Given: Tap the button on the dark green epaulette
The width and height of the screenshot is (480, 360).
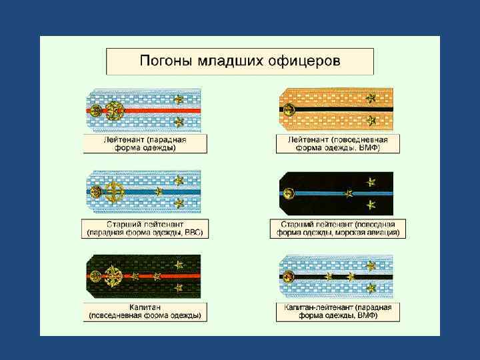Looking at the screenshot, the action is [96, 275].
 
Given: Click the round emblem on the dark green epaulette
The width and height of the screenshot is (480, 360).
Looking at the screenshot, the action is [115, 275].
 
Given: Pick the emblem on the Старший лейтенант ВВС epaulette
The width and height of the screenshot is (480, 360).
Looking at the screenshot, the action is [115, 192].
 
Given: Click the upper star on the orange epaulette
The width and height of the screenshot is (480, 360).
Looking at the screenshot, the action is [371, 99].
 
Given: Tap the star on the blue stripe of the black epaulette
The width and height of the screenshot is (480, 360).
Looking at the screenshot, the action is [347, 193].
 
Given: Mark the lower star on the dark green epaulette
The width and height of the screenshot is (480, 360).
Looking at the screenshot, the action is [178, 287].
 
